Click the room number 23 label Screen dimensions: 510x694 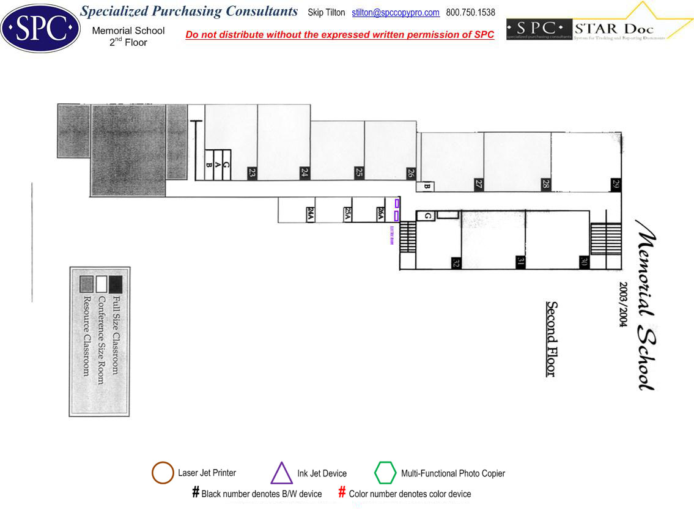(252, 173)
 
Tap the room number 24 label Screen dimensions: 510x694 (304, 173)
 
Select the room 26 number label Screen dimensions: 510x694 (412, 173)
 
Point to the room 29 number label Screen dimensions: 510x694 (616, 184)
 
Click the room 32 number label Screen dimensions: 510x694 (456, 263)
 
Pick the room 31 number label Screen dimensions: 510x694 (520, 262)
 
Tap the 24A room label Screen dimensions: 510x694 (310, 213)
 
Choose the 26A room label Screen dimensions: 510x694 (381, 213)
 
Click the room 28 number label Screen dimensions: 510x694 (545, 184)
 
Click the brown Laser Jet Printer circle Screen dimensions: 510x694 (163, 473)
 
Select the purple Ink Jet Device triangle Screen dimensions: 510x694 (281, 473)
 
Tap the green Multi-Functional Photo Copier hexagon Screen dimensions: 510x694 (385, 473)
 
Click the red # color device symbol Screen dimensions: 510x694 (342, 493)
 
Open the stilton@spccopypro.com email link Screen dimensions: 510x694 (396, 13)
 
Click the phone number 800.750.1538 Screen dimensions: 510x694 (471, 13)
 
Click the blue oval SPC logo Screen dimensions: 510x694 (40, 28)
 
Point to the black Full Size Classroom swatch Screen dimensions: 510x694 (115, 284)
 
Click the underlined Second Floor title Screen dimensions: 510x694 (551, 339)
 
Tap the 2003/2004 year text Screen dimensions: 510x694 (624, 305)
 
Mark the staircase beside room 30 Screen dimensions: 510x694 (605, 238)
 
